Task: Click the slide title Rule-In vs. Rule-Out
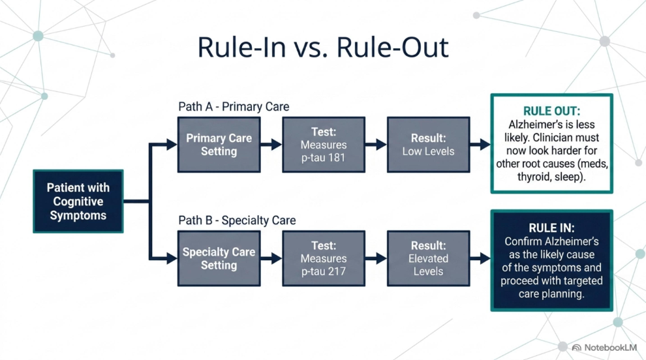pyautogui.click(x=323, y=47)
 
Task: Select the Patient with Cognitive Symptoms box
pyautogui.click(x=78, y=202)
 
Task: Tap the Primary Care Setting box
pyautogui.click(x=219, y=145)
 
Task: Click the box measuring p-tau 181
pyautogui.click(x=324, y=145)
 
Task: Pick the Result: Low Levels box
pyautogui.click(x=428, y=145)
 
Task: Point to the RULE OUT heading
pyautogui.click(x=551, y=111)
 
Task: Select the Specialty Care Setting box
pyautogui.click(x=219, y=258)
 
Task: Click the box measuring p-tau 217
pyautogui.click(x=324, y=258)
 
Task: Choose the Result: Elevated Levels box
pyautogui.click(x=428, y=258)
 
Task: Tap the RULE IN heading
pyautogui.click(x=551, y=228)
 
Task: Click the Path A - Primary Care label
pyautogui.click(x=234, y=107)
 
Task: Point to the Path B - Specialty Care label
pyautogui.click(x=237, y=220)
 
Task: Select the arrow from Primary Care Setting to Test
pyautogui.click(x=271, y=145)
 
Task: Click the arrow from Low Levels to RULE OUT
pyautogui.click(x=480, y=145)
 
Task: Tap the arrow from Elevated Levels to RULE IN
pyautogui.click(x=480, y=258)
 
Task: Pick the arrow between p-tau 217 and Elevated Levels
pyautogui.click(x=376, y=258)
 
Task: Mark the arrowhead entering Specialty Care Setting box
pyautogui.click(x=172, y=258)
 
